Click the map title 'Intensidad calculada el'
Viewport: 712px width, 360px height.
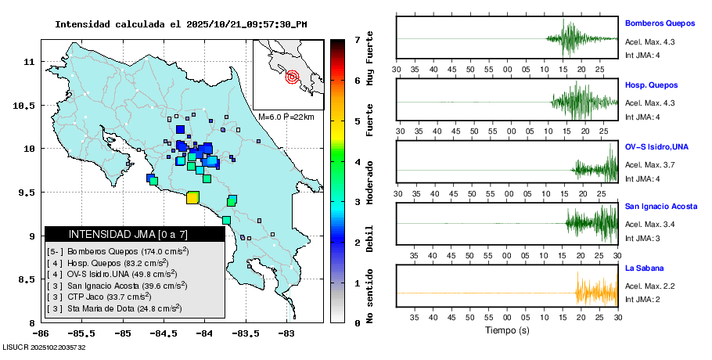click(x=118, y=24)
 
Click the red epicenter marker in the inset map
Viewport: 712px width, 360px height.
click(x=292, y=77)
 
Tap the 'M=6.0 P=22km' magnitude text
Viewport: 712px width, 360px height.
click(x=286, y=117)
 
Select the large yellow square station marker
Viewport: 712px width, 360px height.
click(x=192, y=197)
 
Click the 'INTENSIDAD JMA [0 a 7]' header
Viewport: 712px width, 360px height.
click(x=116, y=234)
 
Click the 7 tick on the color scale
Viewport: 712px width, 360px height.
click(x=357, y=39)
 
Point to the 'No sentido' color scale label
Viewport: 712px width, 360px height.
click(x=370, y=301)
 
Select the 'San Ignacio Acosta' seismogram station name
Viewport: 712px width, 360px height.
click(x=661, y=207)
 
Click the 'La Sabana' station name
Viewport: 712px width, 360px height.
click(x=643, y=268)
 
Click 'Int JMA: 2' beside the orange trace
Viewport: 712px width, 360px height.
click(x=643, y=300)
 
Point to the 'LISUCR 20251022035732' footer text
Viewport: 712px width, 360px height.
click(x=44, y=347)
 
